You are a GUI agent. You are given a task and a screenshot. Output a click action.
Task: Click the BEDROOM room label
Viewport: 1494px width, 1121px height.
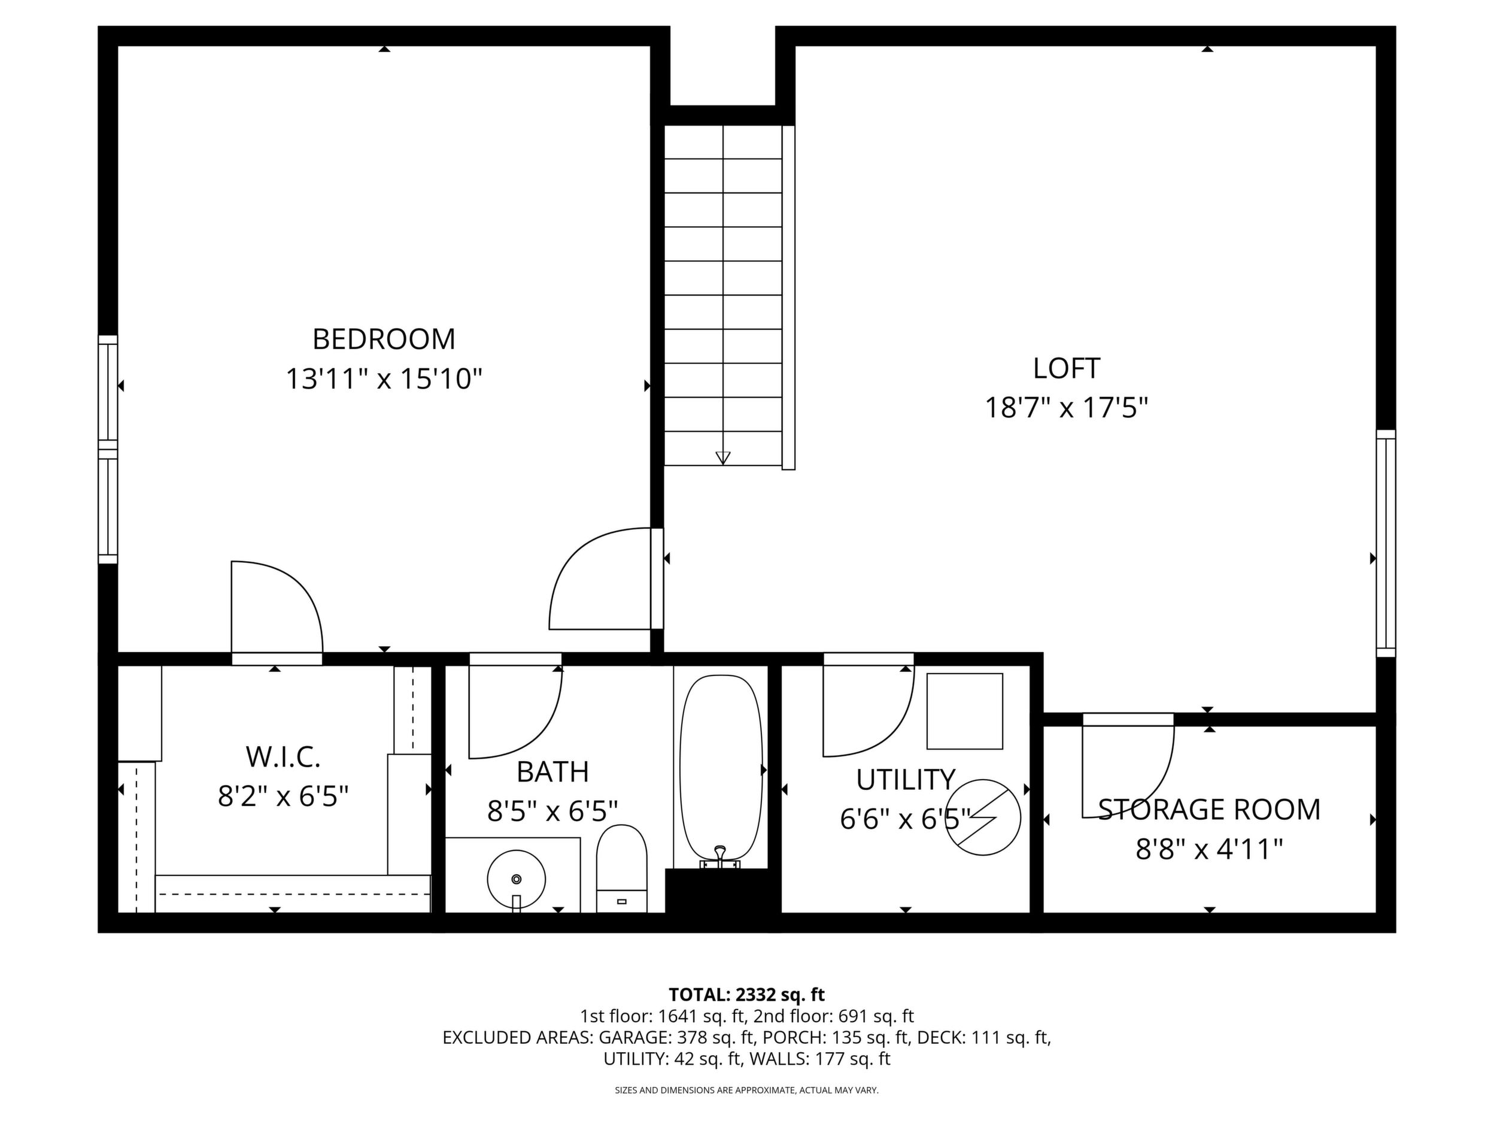[x=384, y=339]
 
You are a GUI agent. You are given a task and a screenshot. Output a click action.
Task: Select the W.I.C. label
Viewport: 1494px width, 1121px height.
[x=283, y=758]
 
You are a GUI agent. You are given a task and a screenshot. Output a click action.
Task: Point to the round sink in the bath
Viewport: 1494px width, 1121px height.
[x=516, y=879]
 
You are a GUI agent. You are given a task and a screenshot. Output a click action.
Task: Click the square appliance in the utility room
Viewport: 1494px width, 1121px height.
[x=964, y=711]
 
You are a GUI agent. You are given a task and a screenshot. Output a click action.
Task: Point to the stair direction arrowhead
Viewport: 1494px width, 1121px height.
[x=722, y=458]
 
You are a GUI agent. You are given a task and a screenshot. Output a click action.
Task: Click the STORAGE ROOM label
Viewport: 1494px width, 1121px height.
[x=1209, y=810]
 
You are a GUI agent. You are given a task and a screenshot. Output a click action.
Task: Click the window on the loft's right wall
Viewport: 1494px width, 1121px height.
[x=1386, y=543]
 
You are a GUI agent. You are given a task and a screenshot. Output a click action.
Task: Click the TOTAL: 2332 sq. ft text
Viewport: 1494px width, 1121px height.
[x=746, y=994]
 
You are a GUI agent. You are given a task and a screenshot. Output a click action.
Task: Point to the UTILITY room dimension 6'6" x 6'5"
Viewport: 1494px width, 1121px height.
[x=905, y=820]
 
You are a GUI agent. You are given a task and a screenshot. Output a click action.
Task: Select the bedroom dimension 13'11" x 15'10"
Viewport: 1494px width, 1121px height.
[x=384, y=379]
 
